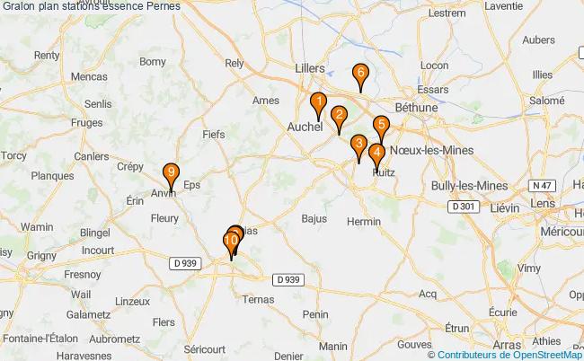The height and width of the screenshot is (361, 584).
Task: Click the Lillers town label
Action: click(x=310, y=66)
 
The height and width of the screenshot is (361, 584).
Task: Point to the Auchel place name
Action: click(x=304, y=128)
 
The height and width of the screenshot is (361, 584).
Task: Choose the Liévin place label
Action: click(x=509, y=207)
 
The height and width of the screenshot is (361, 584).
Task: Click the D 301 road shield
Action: click(x=463, y=207)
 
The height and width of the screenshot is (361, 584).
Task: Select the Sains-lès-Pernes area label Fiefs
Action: click(x=214, y=134)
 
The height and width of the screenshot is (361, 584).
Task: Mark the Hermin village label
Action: click(x=364, y=221)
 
